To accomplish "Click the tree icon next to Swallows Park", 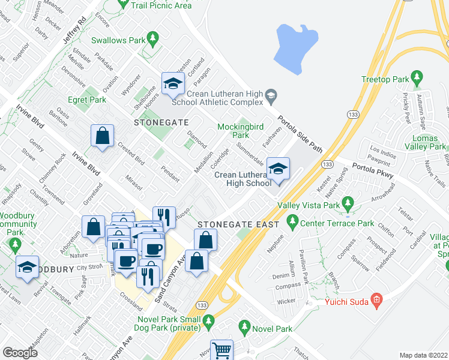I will click(153, 40).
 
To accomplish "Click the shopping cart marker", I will click(221, 349).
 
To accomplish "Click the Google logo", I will click(20, 352).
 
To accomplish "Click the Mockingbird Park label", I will click(232, 131).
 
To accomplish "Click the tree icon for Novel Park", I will click(244, 328).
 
